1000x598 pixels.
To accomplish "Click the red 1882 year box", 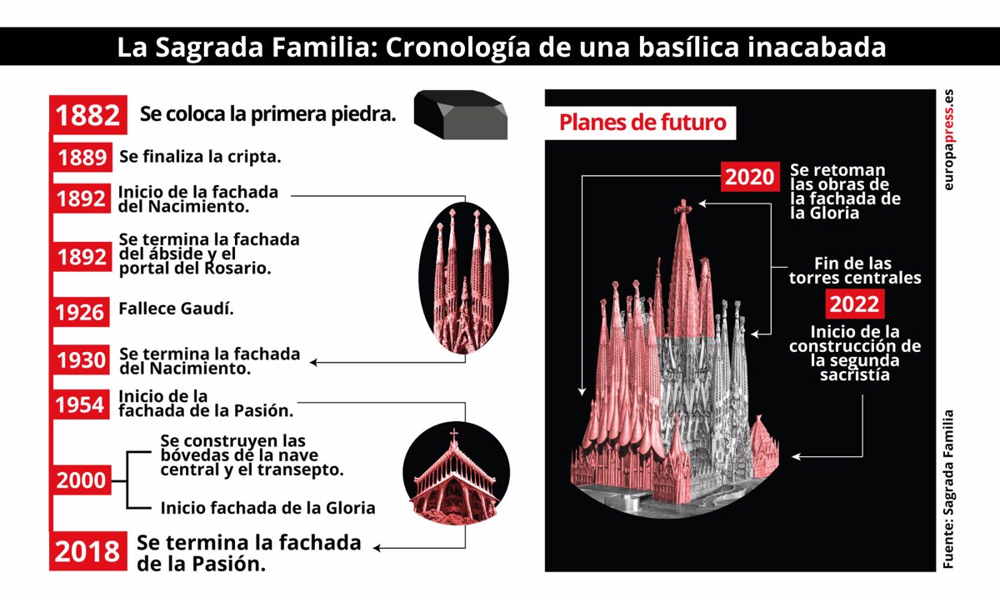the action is [x=89, y=115].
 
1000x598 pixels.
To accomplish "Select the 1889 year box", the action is [x=82, y=158].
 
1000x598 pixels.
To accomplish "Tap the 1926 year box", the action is [x=82, y=312].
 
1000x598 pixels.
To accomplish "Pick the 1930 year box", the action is [x=82, y=360].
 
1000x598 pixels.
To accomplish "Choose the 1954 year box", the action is [x=82, y=405].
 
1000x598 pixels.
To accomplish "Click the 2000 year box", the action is [x=82, y=480].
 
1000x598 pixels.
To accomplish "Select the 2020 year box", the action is [x=749, y=176].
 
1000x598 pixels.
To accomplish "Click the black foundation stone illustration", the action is [x=462, y=114].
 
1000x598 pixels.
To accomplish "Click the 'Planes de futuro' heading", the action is [x=642, y=123].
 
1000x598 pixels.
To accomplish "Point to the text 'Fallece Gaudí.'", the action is [x=176, y=308].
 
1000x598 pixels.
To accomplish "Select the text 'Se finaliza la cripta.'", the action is [x=200, y=156].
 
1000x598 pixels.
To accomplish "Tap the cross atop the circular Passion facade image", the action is [x=454, y=435].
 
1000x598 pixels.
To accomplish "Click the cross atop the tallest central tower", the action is [x=684, y=206].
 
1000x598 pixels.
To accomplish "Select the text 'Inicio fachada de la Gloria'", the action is [x=267, y=507].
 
